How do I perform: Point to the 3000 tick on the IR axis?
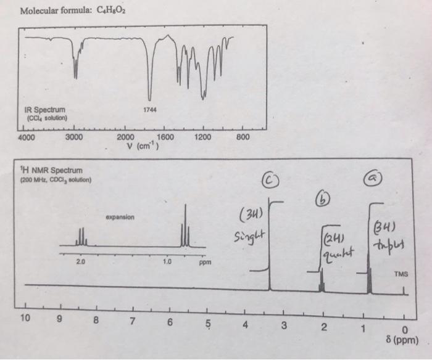tap(74, 137)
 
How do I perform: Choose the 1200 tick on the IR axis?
tap(204, 136)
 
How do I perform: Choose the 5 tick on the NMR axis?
tap(207, 322)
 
